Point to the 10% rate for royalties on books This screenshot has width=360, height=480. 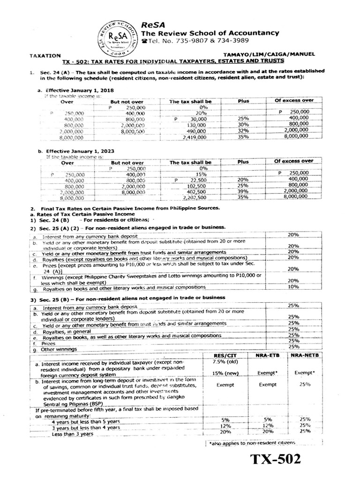tap(293, 286)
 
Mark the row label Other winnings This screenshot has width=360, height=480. tap(56, 349)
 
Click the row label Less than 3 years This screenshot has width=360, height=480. tap(73, 434)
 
